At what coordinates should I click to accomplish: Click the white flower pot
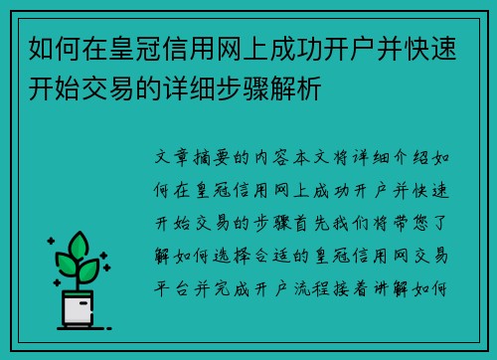79,309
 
